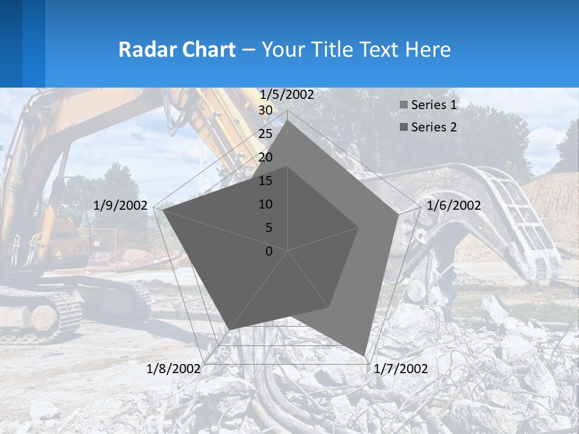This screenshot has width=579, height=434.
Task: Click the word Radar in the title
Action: [x=142, y=49]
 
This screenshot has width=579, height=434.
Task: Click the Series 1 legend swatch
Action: [x=403, y=105]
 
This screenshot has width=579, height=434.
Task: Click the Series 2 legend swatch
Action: [x=403, y=127]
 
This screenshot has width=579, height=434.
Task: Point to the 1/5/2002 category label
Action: [x=286, y=95]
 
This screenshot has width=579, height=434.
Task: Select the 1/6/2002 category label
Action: [x=454, y=206]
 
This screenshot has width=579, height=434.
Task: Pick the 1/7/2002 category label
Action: [x=400, y=368]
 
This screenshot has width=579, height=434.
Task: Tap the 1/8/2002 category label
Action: [x=174, y=368]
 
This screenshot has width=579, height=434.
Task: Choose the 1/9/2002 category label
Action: [x=121, y=206]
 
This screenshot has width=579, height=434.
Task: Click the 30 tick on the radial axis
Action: [x=265, y=110]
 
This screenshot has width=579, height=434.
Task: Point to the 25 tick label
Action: [x=265, y=134]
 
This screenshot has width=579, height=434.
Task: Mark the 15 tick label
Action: [x=265, y=181]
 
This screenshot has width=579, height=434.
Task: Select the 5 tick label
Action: [x=267, y=228]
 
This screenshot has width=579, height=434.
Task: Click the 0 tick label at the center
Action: [x=269, y=251]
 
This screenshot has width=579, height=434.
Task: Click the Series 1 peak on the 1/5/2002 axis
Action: [x=288, y=120]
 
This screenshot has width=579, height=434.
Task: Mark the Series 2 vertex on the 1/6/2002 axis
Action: [x=359, y=227]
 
